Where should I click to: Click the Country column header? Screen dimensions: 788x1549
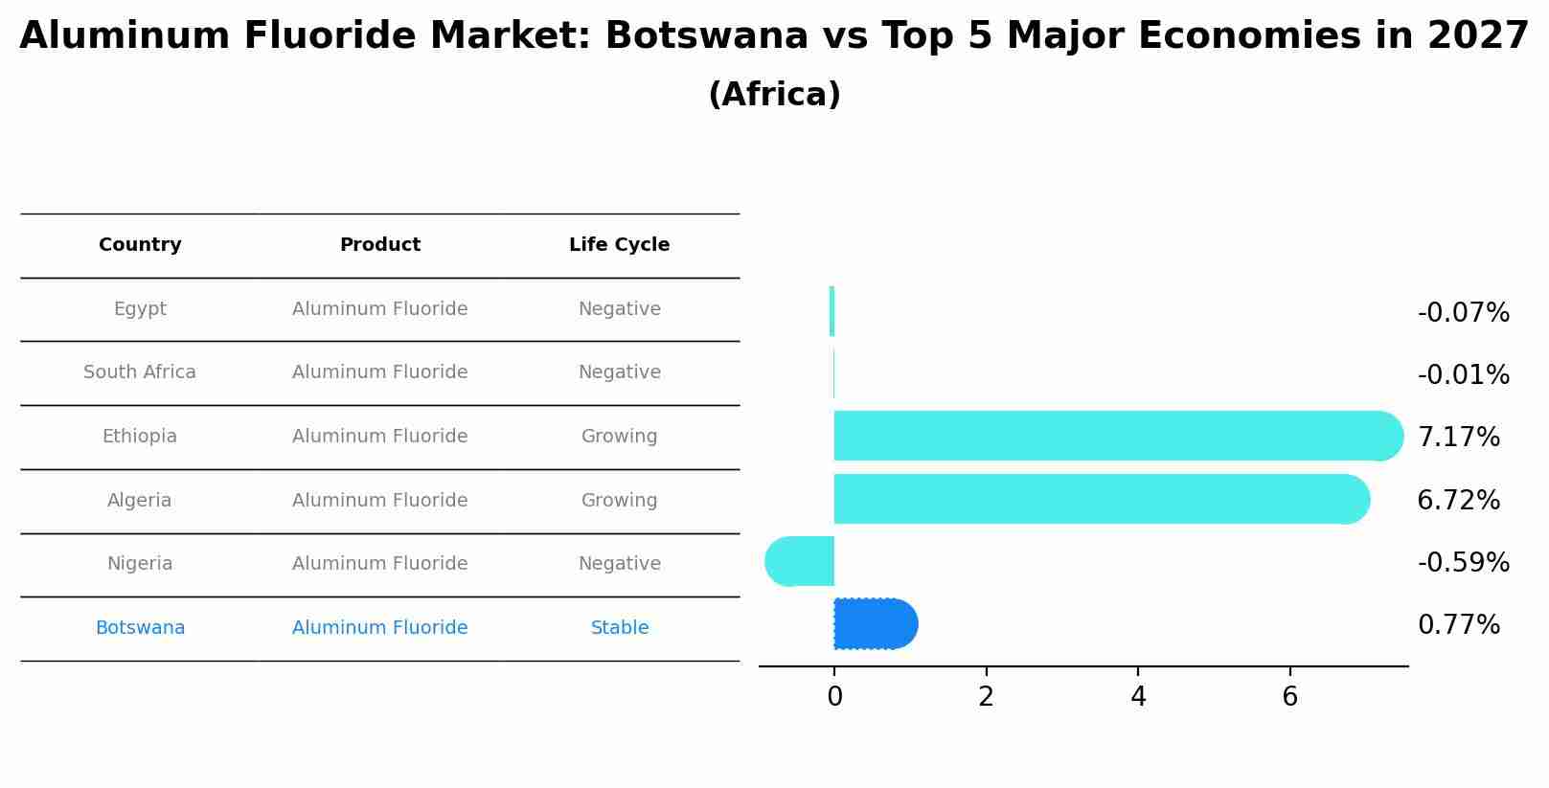point(140,245)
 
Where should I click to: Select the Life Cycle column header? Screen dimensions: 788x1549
point(619,245)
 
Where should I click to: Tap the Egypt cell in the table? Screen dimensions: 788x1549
point(140,309)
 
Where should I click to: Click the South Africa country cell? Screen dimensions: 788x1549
point(140,372)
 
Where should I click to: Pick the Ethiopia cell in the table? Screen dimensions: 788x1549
point(140,437)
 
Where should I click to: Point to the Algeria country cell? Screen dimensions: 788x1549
point(140,501)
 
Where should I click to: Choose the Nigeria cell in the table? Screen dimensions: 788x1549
point(140,564)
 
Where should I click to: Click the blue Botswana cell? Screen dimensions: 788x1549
point(140,628)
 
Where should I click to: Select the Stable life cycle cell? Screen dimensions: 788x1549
point(619,628)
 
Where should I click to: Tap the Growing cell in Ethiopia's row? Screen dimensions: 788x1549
point(619,437)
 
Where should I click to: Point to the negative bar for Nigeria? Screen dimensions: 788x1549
point(800,562)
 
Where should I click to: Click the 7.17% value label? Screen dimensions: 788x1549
point(1458,438)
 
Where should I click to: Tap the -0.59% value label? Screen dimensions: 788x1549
point(1463,563)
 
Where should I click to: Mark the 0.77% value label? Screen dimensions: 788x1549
point(1458,625)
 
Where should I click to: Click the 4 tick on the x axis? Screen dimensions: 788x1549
point(1138,697)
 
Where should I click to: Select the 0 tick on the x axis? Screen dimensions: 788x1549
point(834,697)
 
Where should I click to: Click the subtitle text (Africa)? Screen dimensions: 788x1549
point(774,95)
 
